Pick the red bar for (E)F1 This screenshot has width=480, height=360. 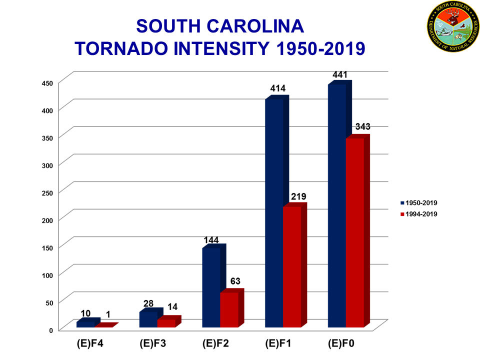(292, 267)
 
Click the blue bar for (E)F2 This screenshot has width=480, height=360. (211, 287)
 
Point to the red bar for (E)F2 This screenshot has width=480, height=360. (229, 309)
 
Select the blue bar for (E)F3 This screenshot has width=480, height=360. (148, 319)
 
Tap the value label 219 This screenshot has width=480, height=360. (298, 196)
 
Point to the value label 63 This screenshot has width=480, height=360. (235, 282)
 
